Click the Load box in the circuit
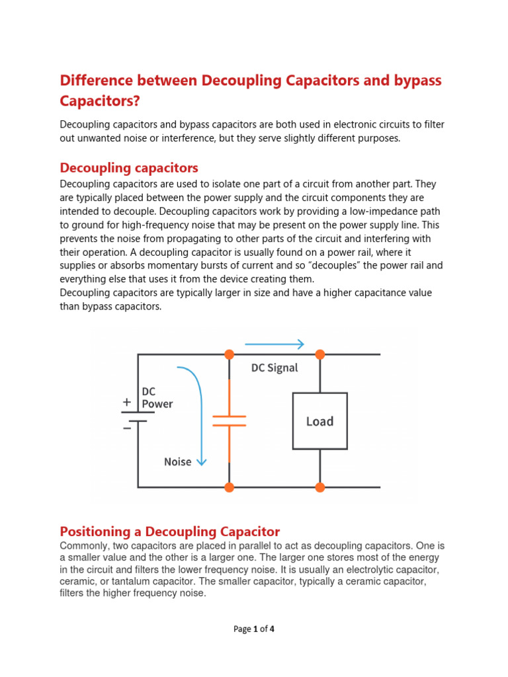[x=320, y=421]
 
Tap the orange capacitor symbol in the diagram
[x=230, y=421]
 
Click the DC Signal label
[x=275, y=368]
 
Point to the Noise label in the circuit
[x=178, y=461]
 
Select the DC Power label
[x=157, y=398]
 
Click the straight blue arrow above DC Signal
[x=275, y=344]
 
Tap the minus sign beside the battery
[x=126, y=427]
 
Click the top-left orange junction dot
[x=230, y=354]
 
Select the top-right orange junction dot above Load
[x=320, y=354]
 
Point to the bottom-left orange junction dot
[x=230, y=487]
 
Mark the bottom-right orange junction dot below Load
[x=320, y=487]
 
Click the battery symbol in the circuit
[x=138, y=417]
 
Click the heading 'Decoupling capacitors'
[x=129, y=167]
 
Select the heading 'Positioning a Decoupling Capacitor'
[x=170, y=532]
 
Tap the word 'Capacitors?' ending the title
[x=100, y=102]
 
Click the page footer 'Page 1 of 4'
[x=254, y=629]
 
